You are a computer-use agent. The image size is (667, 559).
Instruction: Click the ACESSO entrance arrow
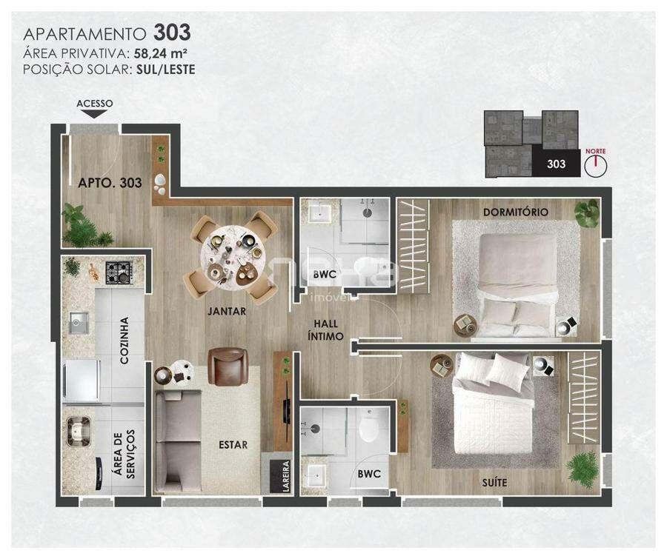pyautogui.click(x=94, y=114)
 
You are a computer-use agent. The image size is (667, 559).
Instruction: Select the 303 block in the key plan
pyautogui.click(x=556, y=163)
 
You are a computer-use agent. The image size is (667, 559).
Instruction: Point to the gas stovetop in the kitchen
pyautogui.click(x=119, y=272)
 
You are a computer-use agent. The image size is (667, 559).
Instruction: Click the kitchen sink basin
pyautogui.click(x=79, y=323)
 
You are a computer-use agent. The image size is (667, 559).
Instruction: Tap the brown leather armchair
pyautogui.click(x=228, y=366)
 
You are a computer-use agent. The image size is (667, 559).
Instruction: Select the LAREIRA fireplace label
pyautogui.click(x=286, y=476)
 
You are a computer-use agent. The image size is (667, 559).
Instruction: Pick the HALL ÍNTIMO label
pyautogui.click(x=325, y=330)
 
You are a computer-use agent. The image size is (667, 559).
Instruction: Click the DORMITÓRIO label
pyautogui.click(x=516, y=212)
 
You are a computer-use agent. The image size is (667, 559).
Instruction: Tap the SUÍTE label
pyautogui.click(x=495, y=483)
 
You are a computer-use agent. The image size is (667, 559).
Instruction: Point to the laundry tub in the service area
pyautogui.click(x=79, y=432)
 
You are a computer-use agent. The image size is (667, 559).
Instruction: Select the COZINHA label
pyautogui.click(x=125, y=340)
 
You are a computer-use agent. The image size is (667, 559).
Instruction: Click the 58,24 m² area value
pyautogui.click(x=161, y=53)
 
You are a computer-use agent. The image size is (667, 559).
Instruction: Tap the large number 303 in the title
pyautogui.click(x=172, y=32)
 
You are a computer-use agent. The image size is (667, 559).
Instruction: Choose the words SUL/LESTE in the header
pyautogui.click(x=166, y=70)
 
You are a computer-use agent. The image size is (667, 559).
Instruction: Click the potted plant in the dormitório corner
pyautogui.click(x=586, y=213)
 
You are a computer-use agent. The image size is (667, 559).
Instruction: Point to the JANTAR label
pyautogui.click(x=227, y=311)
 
